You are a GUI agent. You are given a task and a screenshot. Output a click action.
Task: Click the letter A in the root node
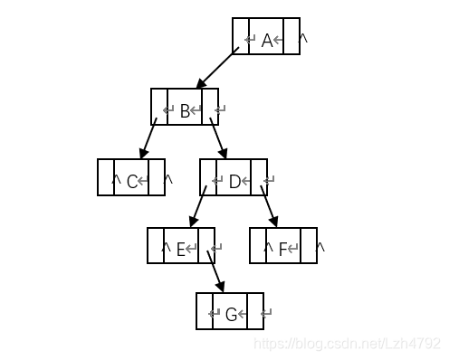click(267, 40)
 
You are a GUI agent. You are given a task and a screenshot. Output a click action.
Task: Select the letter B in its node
click(185, 110)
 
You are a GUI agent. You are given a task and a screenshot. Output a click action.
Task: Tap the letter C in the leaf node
click(132, 181)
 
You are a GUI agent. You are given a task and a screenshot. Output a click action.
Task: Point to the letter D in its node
click(234, 182)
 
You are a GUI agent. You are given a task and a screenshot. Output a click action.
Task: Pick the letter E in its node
click(180, 249)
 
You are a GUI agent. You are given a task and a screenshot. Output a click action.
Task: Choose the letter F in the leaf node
click(282, 249)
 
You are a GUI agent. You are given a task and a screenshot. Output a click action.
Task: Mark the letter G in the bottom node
click(231, 315)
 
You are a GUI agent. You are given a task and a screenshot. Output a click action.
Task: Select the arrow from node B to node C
click(147, 141)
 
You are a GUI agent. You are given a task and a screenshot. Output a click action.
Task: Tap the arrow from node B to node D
click(219, 141)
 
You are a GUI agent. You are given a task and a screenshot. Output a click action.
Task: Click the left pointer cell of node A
click(240, 37)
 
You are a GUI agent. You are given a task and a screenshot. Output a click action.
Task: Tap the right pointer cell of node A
click(291, 37)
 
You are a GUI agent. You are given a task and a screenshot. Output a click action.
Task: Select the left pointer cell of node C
click(106, 177)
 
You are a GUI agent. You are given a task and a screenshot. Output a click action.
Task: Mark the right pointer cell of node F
click(309, 245)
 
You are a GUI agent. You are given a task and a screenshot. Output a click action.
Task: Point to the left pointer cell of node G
click(205, 311)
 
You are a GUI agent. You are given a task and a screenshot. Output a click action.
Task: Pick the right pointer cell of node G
click(255, 311)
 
